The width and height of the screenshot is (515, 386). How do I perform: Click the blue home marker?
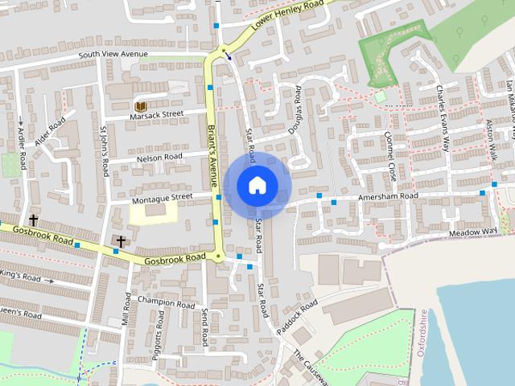[x=257, y=185]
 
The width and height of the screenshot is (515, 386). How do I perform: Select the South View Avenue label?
[x=113, y=55]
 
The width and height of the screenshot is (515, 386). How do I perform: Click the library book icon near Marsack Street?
[x=140, y=106]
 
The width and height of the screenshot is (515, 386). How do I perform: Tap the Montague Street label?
[x=163, y=196]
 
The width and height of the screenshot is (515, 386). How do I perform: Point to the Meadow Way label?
[x=473, y=232]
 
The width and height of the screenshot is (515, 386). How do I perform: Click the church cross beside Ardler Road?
[x=34, y=220]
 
